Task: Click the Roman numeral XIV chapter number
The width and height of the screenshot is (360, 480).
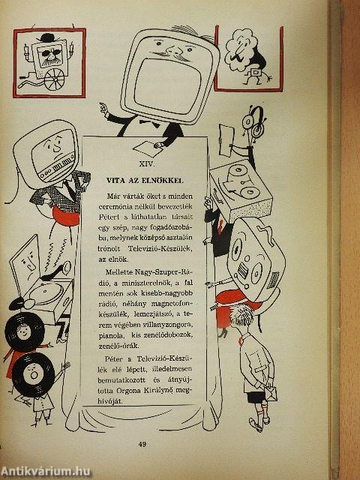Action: tap(147, 164)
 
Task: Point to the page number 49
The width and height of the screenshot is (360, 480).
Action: tap(142, 444)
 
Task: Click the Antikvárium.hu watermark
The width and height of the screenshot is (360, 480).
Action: tap(46, 472)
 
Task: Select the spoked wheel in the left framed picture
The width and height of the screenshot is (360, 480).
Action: tap(54, 79)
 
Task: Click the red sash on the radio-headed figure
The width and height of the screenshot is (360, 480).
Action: tap(65, 216)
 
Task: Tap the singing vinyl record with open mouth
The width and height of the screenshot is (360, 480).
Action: tap(34, 374)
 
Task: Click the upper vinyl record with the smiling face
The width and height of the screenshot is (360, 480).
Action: tap(25, 331)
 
